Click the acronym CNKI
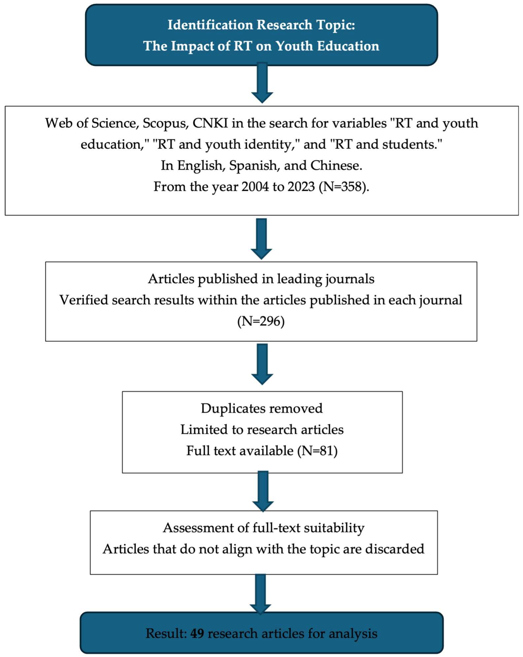pos(210,123)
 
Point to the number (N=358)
pos(344,186)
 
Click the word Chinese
pos(336,166)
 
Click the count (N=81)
pos(318,451)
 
